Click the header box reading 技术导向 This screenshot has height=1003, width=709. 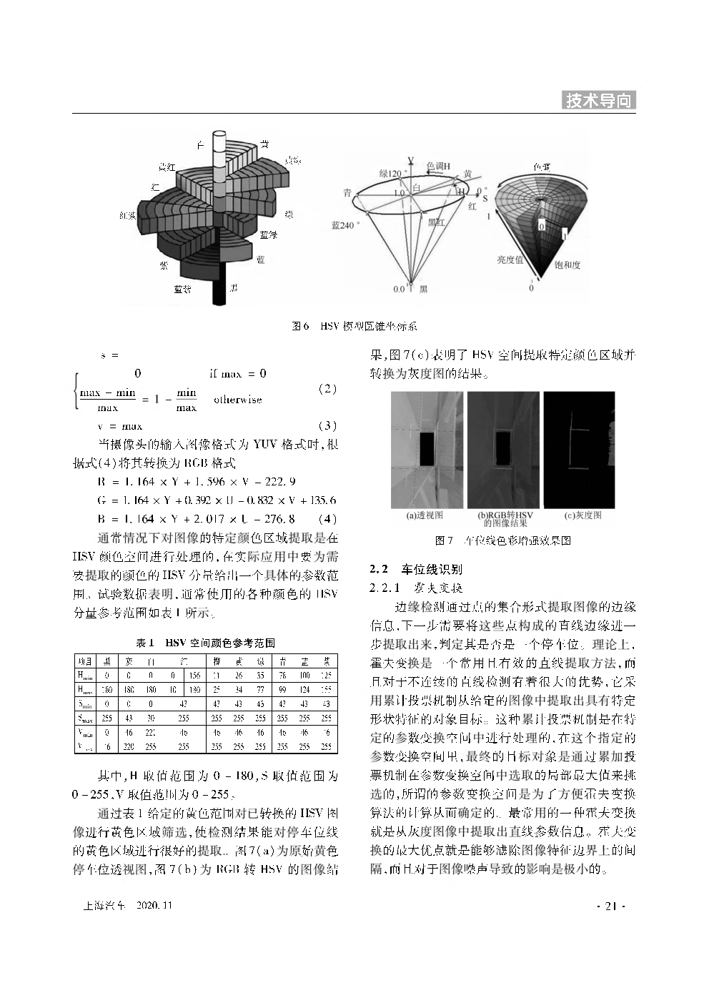pyautogui.click(x=600, y=101)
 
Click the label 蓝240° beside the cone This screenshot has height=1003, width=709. pyautogui.click(x=346, y=224)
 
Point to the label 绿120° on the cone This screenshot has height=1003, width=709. pyautogui.click(x=393, y=173)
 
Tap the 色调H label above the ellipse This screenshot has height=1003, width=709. pyautogui.click(x=438, y=166)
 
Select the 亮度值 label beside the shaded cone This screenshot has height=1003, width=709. pyautogui.click(x=510, y=260)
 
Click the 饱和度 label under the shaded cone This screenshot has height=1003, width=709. pyautogui.click(x=567, y=265)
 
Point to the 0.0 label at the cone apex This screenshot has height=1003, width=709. pyautogui.click(x=399, y=289)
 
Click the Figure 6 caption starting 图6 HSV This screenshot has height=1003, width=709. pyautogui.click(x=354, y=326)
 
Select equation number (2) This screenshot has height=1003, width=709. pyautogui.click(x=326, y=389)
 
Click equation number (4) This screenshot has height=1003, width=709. pyautogui.click(x=326, y=518)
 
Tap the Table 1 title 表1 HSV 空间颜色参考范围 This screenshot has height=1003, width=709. pyautogui.click(x=206, y=643)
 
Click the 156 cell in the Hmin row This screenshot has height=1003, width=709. pyautogui.click(x=194, y=674)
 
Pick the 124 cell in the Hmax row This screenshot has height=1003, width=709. pyautogui.click(x=304, y=690)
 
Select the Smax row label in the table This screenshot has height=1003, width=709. pyautogui.click(x=85, y=717)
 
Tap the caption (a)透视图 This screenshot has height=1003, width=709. pyautogui.click(x=425, y=515)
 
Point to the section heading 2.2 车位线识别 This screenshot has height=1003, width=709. pyautogui.click(x=415, y=569)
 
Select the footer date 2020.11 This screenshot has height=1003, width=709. pyautogui.click(x=154, y=906)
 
